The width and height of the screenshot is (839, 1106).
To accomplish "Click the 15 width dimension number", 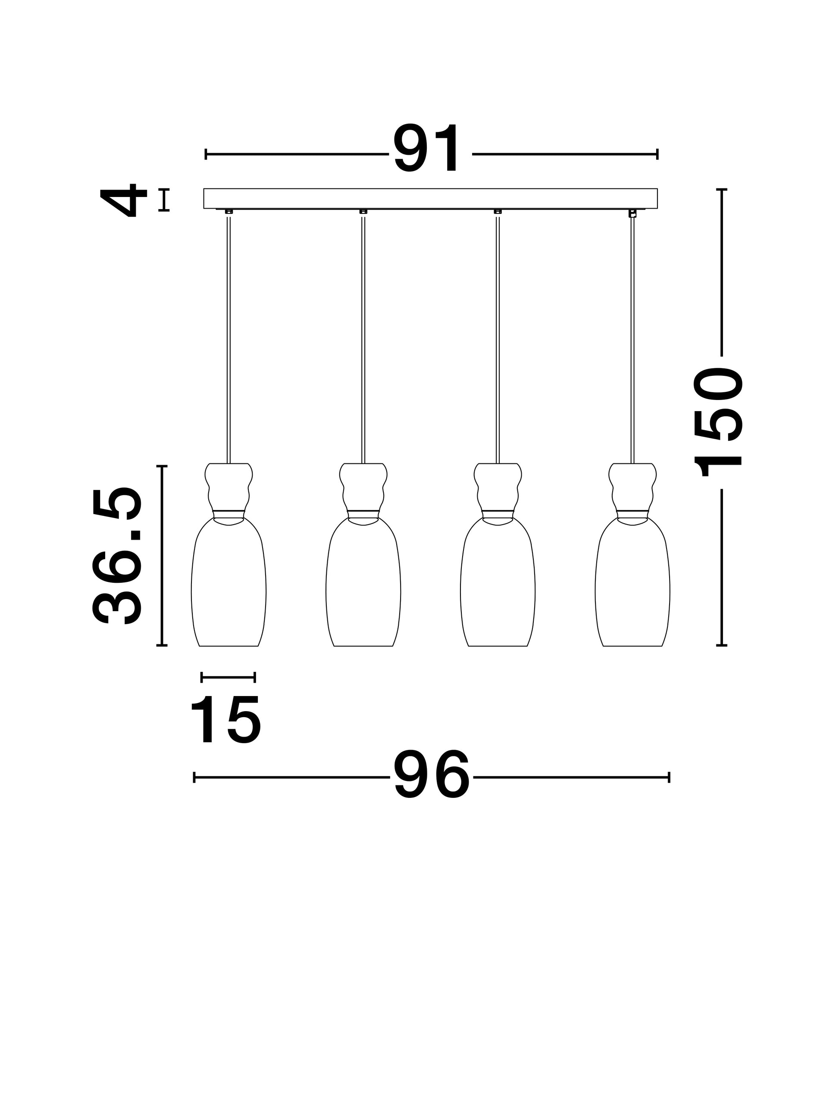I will (x=225, y=721).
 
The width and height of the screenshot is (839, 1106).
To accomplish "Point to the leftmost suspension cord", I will (x=229, y=340).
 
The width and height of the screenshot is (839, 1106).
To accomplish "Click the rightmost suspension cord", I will (x=632, y=340).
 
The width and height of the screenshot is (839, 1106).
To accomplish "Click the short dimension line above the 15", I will (x=228, y=677).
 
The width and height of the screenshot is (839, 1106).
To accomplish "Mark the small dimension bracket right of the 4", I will (x=164, y=200).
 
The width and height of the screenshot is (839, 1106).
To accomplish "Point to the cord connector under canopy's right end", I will (x=632, y=213).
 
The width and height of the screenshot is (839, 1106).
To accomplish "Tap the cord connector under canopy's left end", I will (x=229, y=212).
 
